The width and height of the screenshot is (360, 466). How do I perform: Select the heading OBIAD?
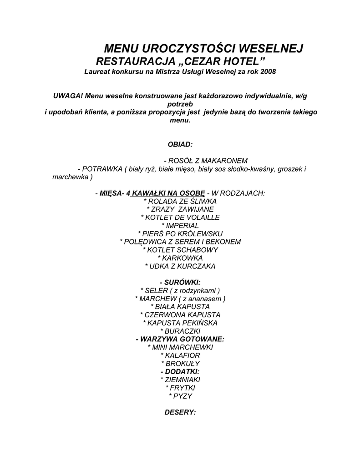coord(180,144)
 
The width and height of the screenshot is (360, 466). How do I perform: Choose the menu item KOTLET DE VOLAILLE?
coord(180,218)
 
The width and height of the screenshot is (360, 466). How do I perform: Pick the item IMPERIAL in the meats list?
coord(180,226)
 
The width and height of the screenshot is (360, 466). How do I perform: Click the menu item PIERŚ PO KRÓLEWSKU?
coord(180,234)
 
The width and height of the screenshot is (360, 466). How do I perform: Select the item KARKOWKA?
coord(180,258)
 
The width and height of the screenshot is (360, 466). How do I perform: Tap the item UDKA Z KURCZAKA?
coord(180,266)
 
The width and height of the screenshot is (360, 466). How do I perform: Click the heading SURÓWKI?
coord(180,282)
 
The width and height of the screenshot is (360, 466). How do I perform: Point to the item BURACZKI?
coord(180,331)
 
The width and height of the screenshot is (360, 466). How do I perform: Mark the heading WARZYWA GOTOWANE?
coord(180,339)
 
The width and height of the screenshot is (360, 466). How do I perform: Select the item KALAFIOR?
coord(180,355)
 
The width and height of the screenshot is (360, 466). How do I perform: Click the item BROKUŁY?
coord(180,364)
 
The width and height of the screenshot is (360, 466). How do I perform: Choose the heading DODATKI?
coord(180,371)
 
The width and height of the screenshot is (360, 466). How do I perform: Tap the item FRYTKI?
coord(180,388)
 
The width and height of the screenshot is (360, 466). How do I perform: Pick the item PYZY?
coord(180,396)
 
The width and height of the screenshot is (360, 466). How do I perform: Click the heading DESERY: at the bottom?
coord(180,412)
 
